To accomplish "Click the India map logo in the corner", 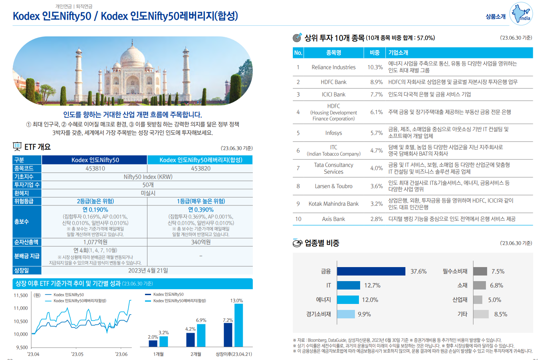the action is coord(521,14).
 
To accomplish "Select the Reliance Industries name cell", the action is coord(333,67).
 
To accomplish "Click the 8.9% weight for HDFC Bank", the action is coord(376,82).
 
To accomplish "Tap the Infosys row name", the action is coord(333,133).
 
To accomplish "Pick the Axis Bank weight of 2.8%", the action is coord(376,219).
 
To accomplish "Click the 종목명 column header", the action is coord(333,52).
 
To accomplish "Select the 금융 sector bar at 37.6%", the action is coord(371,271).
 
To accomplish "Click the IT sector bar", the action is coord(349,285).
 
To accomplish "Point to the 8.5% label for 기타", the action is coord(501,314).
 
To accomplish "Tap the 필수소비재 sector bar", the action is coord(480,271).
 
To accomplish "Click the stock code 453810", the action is coord(95,168).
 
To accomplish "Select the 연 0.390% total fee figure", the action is coord(201,209).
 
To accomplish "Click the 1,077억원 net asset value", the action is coord(95,242).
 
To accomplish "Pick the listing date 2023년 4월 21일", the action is coord(148,270).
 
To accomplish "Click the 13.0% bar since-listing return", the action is coord(239,325).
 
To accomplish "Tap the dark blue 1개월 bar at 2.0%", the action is coord(153,344).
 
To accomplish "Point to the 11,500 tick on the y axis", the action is coord(21,295).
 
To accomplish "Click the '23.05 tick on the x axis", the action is coord(77,354).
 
